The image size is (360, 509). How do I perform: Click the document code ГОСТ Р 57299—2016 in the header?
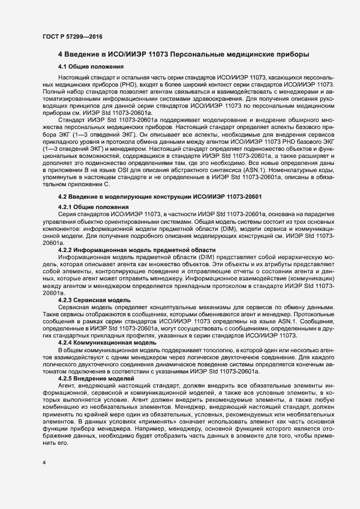72,36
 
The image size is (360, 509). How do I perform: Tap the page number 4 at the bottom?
44,463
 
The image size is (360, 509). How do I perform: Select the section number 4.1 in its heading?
63,66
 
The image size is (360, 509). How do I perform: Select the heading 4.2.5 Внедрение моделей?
95,378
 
